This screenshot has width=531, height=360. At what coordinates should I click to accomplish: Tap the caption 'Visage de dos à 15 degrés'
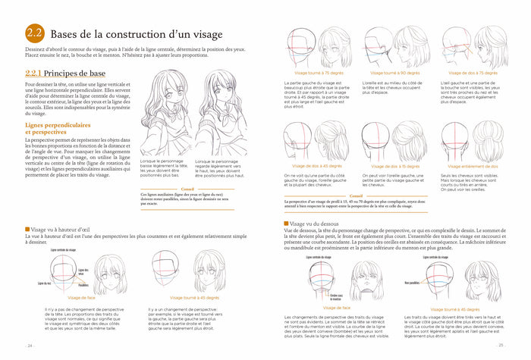click(x=394, y=165)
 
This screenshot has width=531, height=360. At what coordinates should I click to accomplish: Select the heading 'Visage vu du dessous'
click(x=319, y=224)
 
